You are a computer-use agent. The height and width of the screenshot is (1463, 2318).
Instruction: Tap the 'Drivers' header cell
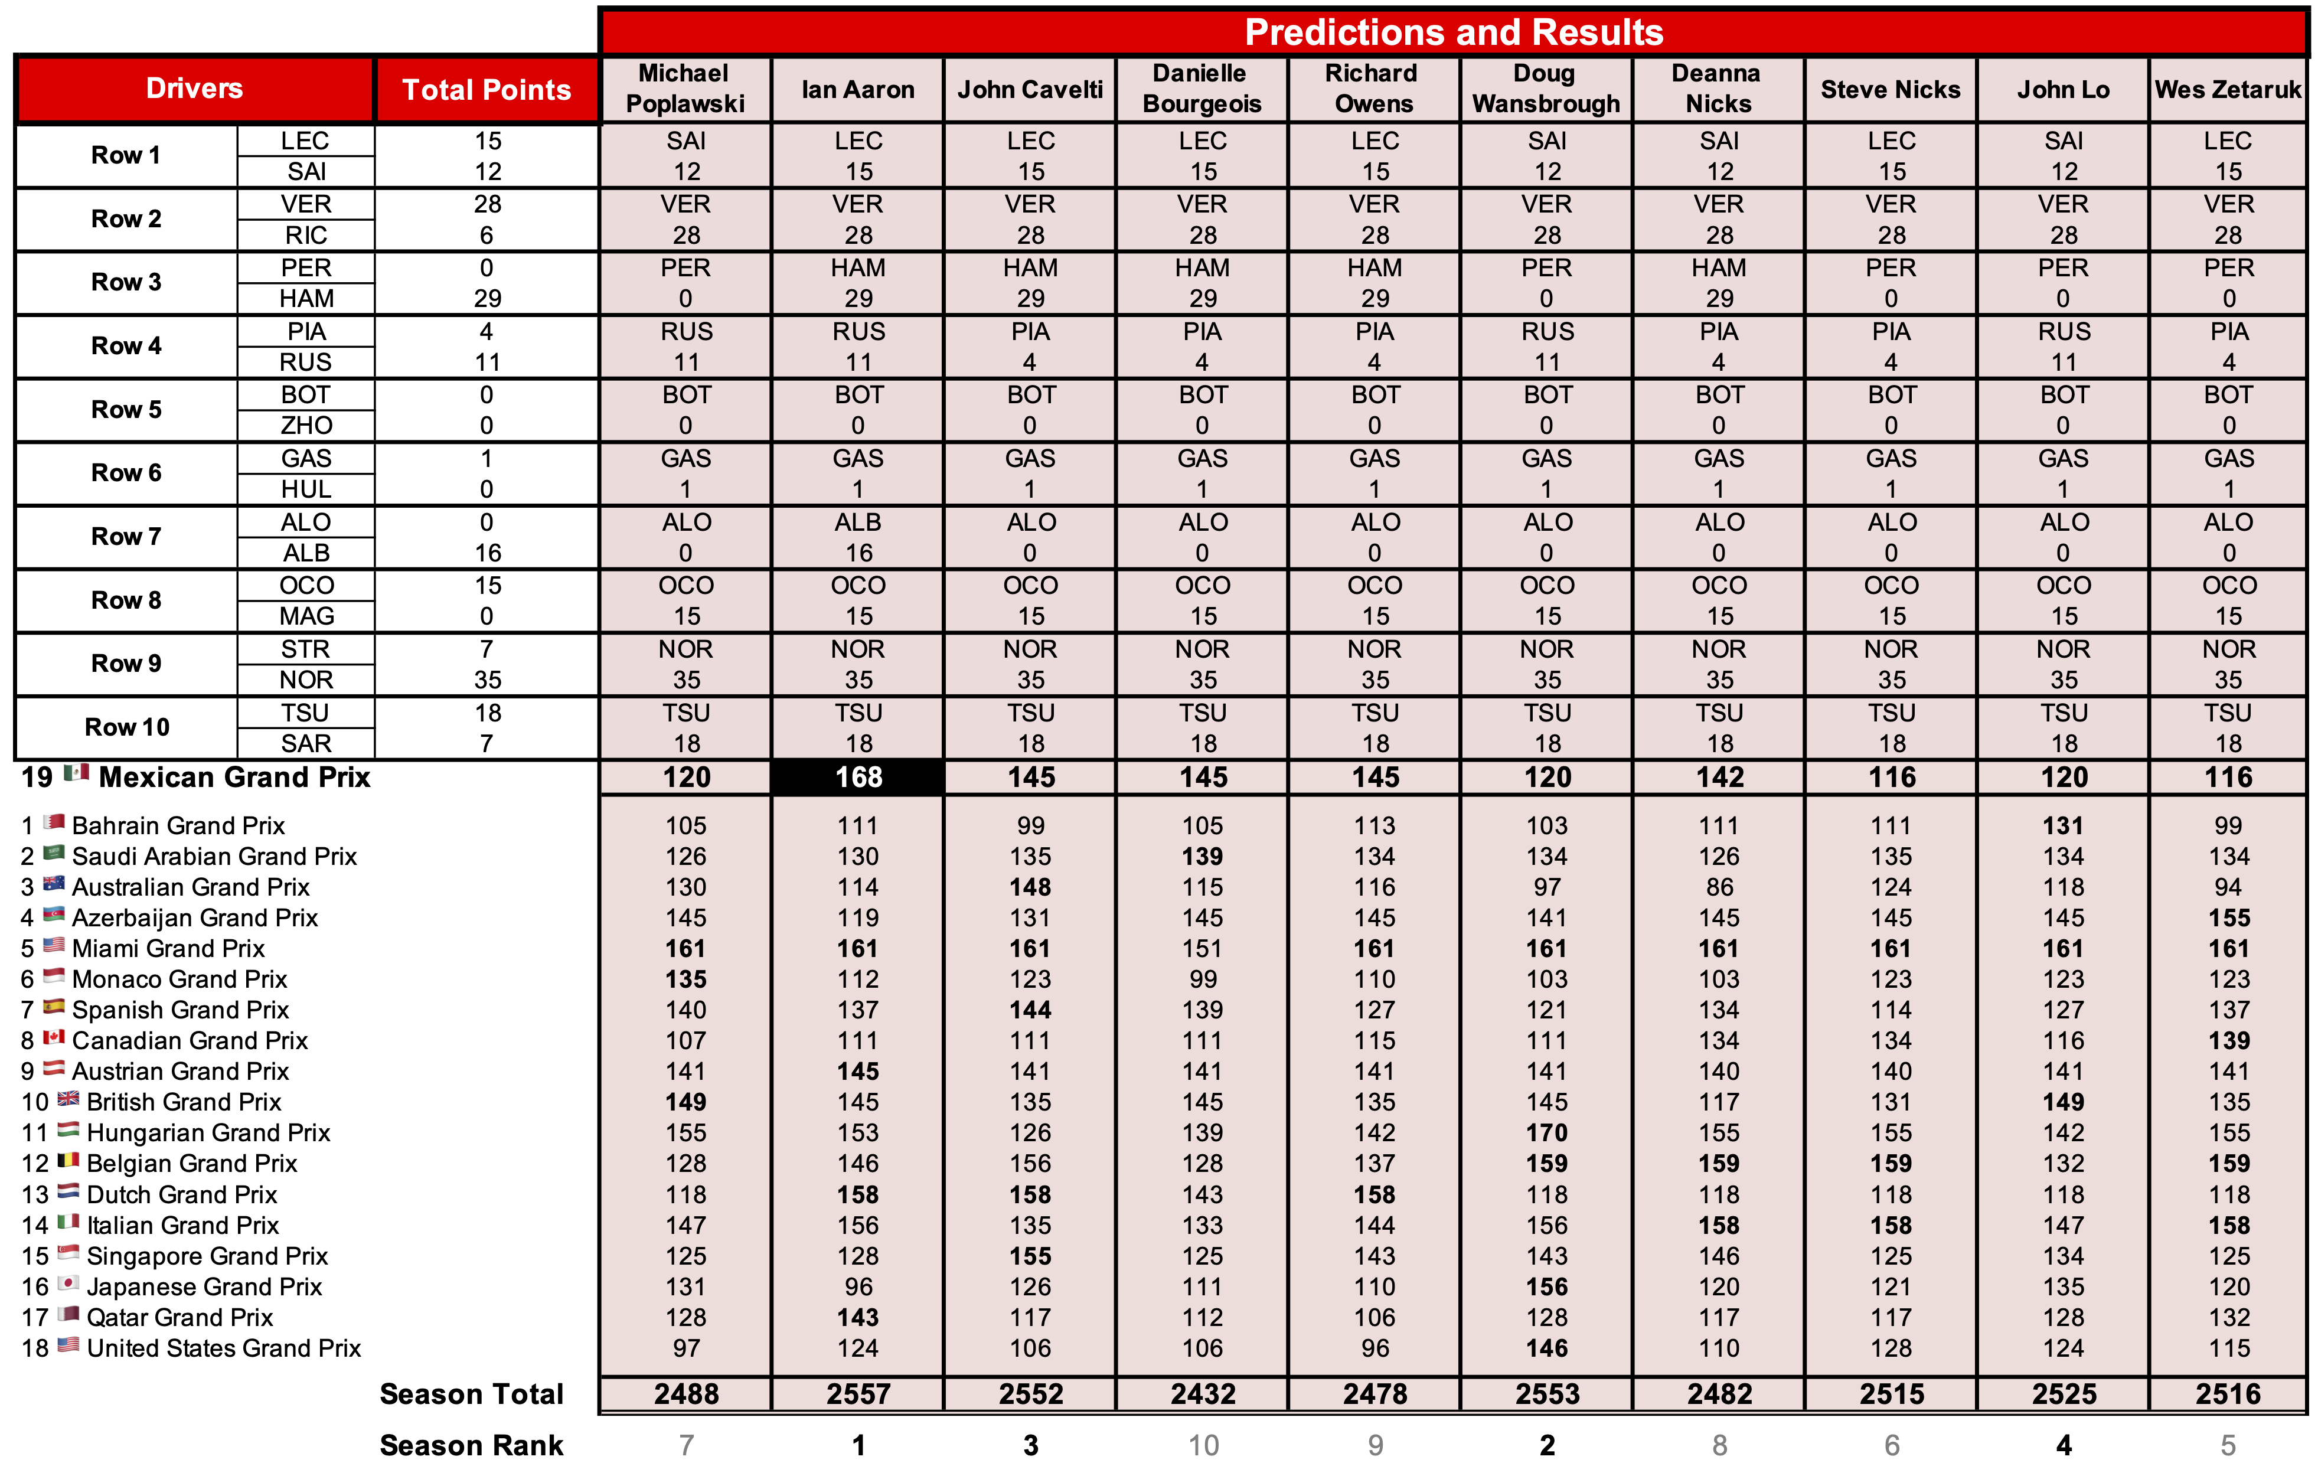[x=194, y=89]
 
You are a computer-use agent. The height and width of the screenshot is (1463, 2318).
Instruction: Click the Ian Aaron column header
[x=858, y=90]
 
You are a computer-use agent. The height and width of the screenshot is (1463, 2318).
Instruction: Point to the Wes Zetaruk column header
[x=2228, y=90]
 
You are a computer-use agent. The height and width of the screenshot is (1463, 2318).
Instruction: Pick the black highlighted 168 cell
[x=858, y=777]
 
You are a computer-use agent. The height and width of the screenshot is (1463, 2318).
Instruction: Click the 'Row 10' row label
[x=126, y=727]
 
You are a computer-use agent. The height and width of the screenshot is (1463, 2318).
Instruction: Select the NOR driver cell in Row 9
[x=306, y=680]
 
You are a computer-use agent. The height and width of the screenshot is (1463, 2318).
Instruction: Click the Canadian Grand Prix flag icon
[x=54, y=1037]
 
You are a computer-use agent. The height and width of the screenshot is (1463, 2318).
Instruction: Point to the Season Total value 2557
[x=858, y=1394]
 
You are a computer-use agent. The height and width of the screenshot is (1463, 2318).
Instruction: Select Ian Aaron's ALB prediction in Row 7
[x=858, y=522]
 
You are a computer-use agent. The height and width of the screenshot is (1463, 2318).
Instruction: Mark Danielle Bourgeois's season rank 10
[x=1202, y=1445]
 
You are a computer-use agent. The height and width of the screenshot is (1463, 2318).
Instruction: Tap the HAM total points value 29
[x=487, y=298]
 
